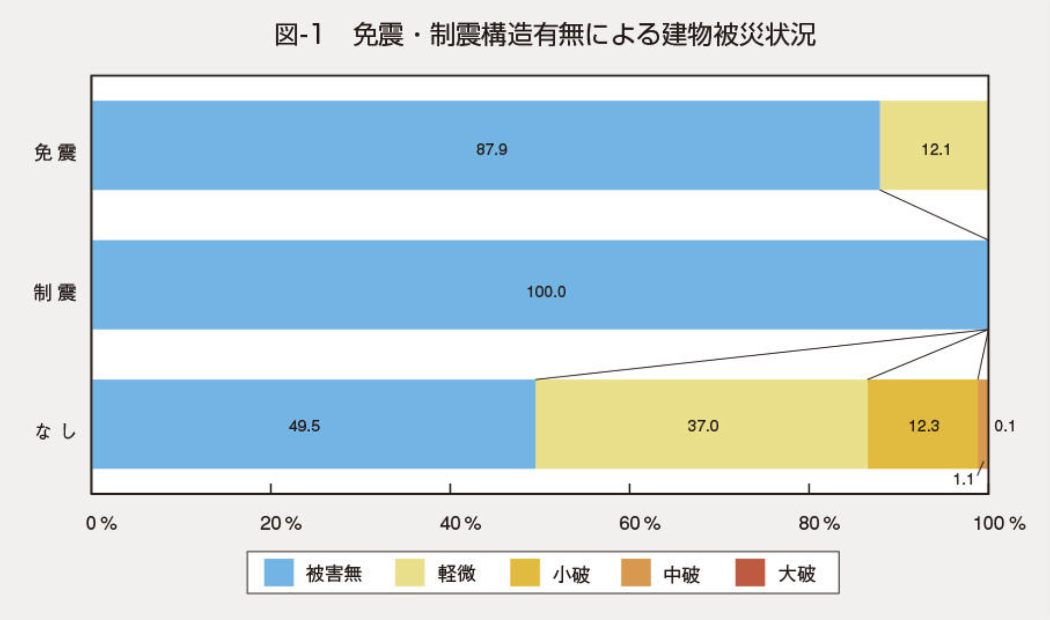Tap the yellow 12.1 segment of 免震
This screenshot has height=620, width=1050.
point(933,146)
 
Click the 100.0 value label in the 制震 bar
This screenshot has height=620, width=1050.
point(546,291)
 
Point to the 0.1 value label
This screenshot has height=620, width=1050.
point(1005,426)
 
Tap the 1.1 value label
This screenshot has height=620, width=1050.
point(963,480)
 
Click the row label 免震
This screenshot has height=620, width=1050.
point(55,153)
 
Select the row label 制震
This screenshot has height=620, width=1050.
point(55,293)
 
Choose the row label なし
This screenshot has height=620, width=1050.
point(55,432)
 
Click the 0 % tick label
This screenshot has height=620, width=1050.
point(101,524)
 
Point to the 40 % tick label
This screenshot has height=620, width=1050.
point(460,524)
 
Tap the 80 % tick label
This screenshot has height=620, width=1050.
point(819,524)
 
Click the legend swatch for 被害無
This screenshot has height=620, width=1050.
point(279,573)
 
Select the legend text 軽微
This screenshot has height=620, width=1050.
point(457,574)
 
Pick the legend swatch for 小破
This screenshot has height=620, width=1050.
point(524,573)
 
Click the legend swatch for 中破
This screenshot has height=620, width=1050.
point(636,573)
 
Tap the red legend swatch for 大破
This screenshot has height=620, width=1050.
point(750,573)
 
